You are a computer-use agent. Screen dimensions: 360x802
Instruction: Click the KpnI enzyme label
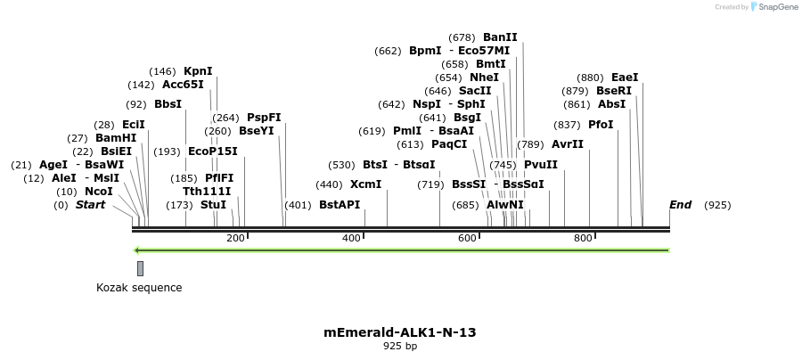tap(198, 71)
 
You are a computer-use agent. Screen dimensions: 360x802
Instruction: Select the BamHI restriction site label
tap(116, 138)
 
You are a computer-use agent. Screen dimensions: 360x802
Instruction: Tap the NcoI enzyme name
tap(99, 192)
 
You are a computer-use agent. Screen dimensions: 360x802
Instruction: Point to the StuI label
tap(214, 205)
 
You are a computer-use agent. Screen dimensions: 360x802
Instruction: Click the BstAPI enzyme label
tap(340, 205)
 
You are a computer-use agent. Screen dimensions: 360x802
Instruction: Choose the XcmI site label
tap(365, 184)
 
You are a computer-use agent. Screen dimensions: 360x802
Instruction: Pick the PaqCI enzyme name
tap(449, 144)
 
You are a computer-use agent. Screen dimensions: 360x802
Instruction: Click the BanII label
tap(500, 37)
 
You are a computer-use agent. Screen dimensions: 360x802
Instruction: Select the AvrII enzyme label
tap(568, 144)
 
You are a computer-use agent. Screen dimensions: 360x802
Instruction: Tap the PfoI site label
tap(601, 125)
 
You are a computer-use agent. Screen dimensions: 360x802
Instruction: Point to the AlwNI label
tap(505, 205)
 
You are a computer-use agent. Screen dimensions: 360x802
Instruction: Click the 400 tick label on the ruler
tap(351, 238)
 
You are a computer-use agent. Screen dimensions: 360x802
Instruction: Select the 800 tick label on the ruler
tap(583, 238)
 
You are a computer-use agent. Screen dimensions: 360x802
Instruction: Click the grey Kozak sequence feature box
tap(140, 268)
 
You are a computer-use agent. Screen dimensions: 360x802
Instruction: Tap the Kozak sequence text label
tap(139, 288)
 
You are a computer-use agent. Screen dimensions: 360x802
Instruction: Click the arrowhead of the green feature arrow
tap(137, 250)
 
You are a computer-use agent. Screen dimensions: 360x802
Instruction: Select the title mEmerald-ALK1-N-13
tap(400, 332)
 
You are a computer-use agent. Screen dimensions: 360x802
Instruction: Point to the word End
tap(680, 205)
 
